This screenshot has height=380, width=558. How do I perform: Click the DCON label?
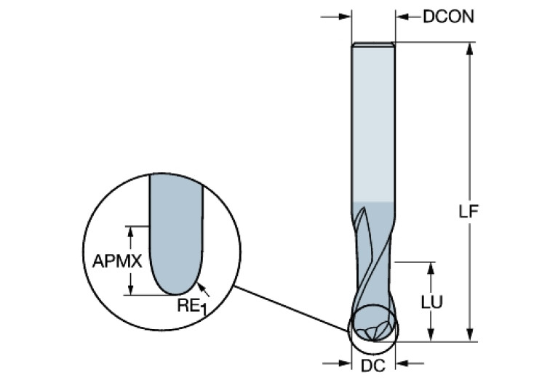click(448, 15)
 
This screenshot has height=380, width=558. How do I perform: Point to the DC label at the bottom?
click(373, 366)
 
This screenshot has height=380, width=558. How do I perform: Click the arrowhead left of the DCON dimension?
click(345, 16)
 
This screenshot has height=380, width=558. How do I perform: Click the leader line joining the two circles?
click(291, 308)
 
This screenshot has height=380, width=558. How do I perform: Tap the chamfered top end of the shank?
click(373, 45)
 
